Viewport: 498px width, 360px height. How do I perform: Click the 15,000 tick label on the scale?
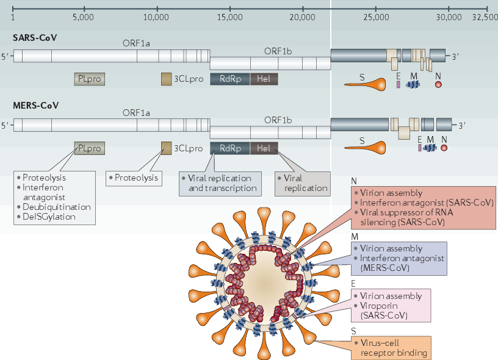(229, 17)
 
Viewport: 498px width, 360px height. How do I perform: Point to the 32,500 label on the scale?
(485, 17)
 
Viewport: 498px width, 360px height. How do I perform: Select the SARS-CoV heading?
(35, 38)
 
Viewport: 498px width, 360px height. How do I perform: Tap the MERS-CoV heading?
(36, 106)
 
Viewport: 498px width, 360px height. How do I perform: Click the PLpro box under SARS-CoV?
(90, 79)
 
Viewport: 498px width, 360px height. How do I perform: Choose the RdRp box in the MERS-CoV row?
(230, 148)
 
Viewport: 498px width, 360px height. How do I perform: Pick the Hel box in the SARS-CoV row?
(264, 79)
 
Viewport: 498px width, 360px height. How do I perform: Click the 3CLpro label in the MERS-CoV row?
(189, 148)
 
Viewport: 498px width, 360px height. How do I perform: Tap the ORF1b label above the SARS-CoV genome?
(278, 51)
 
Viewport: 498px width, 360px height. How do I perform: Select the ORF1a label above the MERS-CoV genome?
(136, 113)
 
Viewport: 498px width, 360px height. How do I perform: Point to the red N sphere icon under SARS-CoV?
(438, 84)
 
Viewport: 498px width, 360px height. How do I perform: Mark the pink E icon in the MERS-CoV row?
(420, 148)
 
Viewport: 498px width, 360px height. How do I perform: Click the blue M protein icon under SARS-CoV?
(413, 84)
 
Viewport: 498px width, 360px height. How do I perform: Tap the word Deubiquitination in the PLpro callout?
(57, 207)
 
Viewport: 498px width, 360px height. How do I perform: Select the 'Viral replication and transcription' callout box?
(220, 184)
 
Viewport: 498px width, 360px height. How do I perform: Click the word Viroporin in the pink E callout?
(379, 306)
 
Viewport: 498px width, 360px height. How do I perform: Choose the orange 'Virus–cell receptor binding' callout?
(391, 348)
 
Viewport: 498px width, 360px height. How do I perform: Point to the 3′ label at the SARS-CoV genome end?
(456, 57)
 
